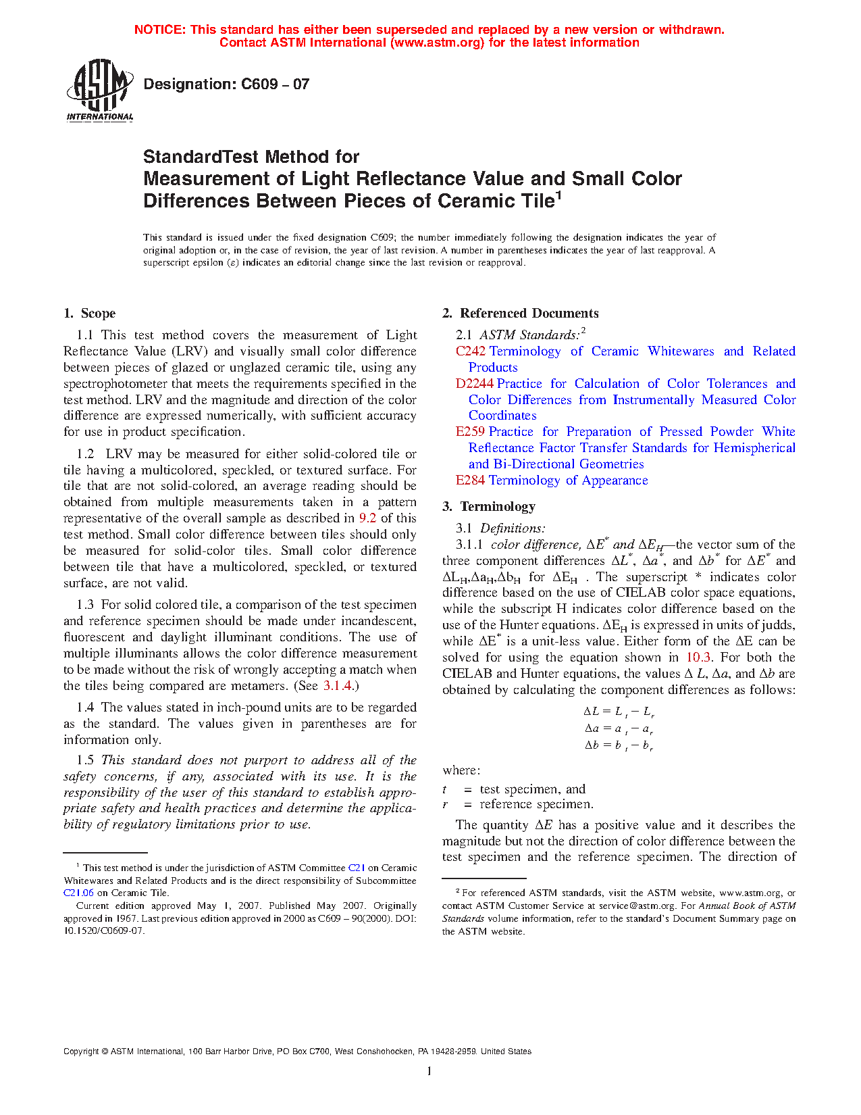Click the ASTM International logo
[x=100, y=90]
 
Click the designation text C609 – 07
[x=226, y=84]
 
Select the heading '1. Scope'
[x=90, y=313]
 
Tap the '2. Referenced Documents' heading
[x=521, y=313]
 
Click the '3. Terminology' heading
[x=489, y=506]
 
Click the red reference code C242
[x=471, y=351]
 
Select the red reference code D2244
[x=475, y=383]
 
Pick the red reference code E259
[x=470, y=431]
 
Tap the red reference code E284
[x=470, y=480]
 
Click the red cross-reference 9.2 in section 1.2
[x=367, y=518]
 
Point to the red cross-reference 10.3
[x=698, y=658]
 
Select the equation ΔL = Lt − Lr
[x=619, y=712]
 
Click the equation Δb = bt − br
[x=619, y=746]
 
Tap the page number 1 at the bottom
[x=429, y=1070]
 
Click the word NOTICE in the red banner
[x=159, y=30]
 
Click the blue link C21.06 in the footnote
[x=78, y=893]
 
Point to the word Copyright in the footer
[x=81, y=1051]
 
